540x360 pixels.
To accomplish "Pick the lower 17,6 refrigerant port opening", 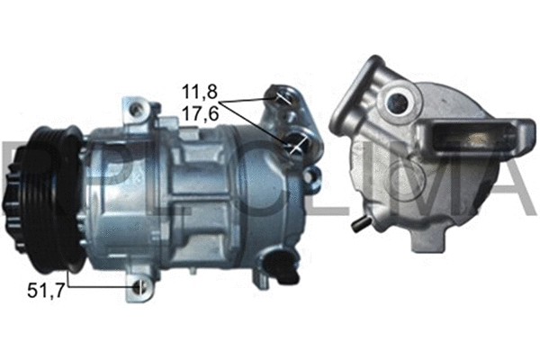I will coord(295,143).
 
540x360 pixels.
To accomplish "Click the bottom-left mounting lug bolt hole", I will coord(139,287).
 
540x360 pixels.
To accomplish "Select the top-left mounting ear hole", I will coord(137,109).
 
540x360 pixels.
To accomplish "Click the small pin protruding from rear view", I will coord(359,220).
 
